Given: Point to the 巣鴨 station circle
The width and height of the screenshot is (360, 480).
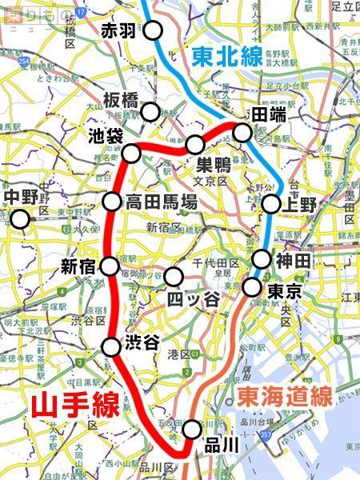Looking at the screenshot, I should click(x=195, y=145).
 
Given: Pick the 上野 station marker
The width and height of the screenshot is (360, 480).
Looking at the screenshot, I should click(x=272, y=205).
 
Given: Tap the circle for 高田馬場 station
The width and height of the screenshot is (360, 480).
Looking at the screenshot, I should click(x=112, y=202).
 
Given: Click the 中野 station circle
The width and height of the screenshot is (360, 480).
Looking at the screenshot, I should click(x=19, y=218).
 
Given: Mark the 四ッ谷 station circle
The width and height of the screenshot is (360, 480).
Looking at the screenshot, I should click(x=174, y=277).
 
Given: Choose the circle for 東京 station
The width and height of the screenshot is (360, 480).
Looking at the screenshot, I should click(x=254, y=286).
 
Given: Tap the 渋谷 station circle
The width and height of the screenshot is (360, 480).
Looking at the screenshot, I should click(x=111, y=347).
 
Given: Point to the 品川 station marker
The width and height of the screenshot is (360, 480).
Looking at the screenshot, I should click(x=191, y=429).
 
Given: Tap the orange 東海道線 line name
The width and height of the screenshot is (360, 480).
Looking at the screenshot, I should click(x=284, y=396).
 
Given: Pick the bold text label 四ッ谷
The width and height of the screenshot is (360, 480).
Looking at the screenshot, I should click(x=194, y=298).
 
